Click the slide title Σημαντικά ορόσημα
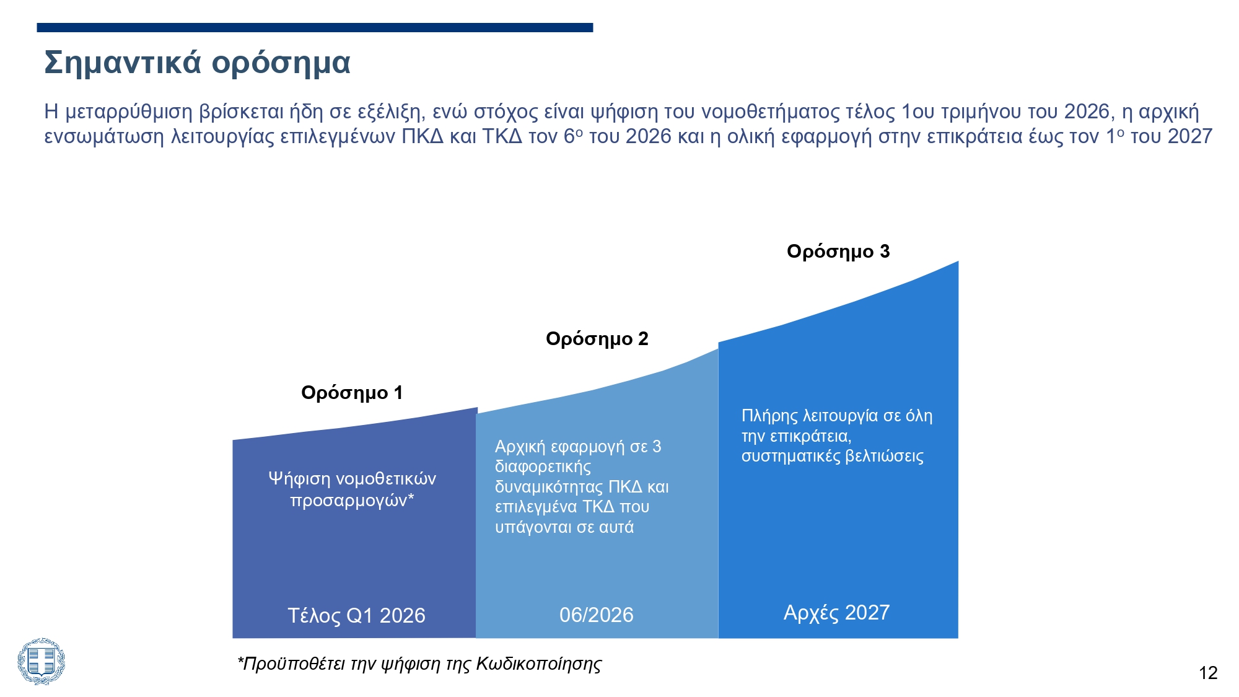click(x=197, y=63)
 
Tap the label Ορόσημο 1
click(x=352, y=393)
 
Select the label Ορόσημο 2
click(x=597, y=339)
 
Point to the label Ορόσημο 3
click(x=838, y=252)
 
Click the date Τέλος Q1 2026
click(x=356, y=615)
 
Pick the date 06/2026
click(x=596, y=615)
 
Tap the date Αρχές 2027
click(x=836, y=612)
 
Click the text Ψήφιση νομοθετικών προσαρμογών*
click(x=352, y=489)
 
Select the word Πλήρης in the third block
click(x=769, y=416)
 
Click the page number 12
click(x=1208, y=673)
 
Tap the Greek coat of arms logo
click(x=41, y=661)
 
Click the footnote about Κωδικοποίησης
click(x=419, y=664)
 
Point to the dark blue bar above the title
click(x=315, y=27)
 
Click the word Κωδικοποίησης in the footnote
click(x=538, y=664)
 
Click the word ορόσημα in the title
click(x=281, y=63)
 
